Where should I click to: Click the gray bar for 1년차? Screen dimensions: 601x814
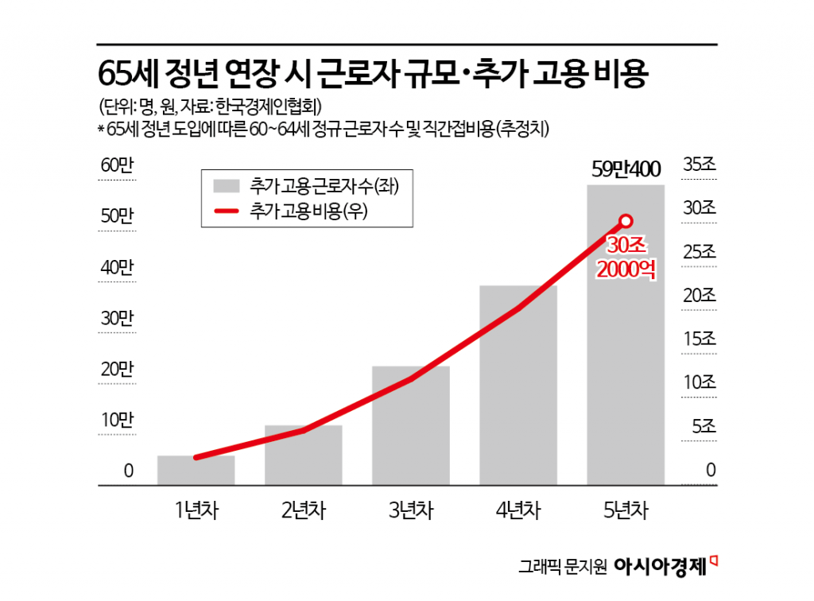pos(196,470)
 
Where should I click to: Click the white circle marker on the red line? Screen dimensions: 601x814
pos(626,221)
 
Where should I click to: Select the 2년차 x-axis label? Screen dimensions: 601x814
pos(304,510)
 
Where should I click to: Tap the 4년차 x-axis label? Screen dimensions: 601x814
pos(518,510)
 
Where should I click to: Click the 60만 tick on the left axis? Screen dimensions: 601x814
pos(117,165)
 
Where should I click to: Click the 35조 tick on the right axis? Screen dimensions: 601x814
pos(700,165)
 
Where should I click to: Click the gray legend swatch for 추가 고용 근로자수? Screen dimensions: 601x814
pos(226,187)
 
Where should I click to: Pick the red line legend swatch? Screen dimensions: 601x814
pos(226,210)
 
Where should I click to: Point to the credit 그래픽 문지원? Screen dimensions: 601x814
pos(563,567)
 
